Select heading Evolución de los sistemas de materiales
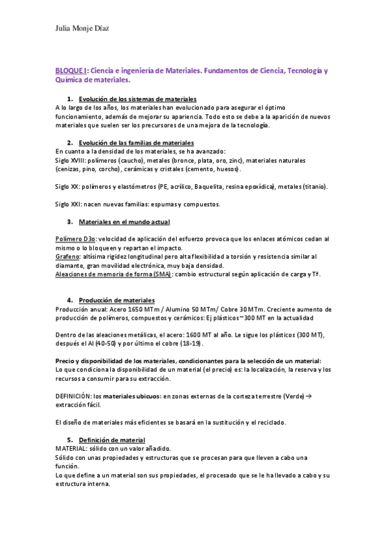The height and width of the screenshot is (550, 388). click(137, 98)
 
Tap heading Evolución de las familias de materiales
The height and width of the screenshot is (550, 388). click(136, 142)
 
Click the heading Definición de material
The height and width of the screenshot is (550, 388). click(112, 440)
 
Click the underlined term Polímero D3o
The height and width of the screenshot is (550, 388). click(76, 239)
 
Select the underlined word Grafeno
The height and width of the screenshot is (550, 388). click(67, 257)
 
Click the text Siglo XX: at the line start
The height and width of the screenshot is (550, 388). click(67, 187)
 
